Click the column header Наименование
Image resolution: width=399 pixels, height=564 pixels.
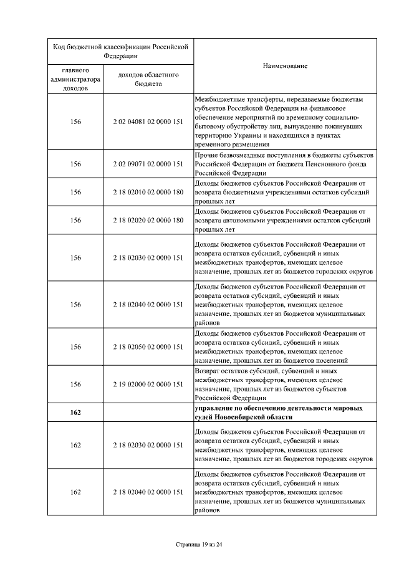coord(285,65)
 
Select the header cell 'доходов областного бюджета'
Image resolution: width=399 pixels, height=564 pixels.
coord(148,79)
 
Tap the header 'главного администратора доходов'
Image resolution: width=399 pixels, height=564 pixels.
coord(76,79)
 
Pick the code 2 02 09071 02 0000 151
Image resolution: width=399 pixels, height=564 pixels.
coord(148,164)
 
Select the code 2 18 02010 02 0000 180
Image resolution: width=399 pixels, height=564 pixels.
coord(148,192)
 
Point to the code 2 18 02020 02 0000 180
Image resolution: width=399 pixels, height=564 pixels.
coord(148,220)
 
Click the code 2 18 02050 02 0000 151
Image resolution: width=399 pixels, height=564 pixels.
coord(148,347)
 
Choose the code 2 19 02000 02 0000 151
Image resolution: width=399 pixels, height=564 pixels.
coord(148,384)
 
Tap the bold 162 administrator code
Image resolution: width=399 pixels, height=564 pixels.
coord(76,412)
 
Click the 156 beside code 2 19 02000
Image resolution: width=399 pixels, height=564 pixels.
coord(76,384)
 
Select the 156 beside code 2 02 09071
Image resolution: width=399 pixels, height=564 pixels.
coord(76,164)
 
